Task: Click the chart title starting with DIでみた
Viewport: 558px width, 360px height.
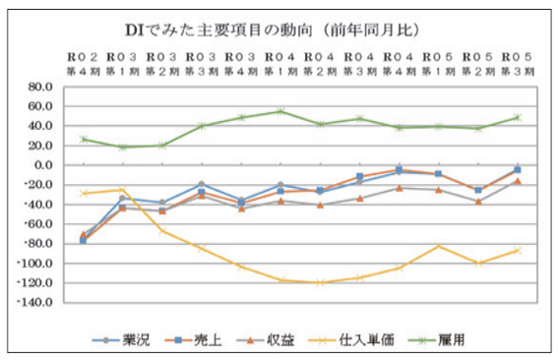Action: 273,30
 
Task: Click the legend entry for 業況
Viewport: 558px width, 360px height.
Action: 121,340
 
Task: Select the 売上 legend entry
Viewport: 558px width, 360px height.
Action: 193,340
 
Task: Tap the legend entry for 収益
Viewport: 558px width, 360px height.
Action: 266,340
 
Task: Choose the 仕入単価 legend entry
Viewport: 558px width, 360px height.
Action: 351,340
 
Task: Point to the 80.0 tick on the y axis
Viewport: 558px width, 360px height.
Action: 40,87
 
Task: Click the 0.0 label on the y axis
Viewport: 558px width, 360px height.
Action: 43,165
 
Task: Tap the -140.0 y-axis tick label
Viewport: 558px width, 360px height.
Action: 35,302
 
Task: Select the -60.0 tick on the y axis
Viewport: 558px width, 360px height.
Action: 38,224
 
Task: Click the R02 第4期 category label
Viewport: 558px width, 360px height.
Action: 84,64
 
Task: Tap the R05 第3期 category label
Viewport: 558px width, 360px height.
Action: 518,64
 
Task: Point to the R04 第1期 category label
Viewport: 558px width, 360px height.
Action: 280,64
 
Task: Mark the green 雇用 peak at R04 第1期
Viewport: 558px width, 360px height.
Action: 280,111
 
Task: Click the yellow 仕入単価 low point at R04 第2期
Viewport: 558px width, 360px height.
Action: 320,283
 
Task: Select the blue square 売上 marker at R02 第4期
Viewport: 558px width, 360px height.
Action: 84,240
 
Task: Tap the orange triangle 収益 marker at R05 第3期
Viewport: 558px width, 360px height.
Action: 518,181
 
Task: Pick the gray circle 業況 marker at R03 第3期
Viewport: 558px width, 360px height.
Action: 202,184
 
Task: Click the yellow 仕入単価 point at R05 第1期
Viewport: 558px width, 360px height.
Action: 439,246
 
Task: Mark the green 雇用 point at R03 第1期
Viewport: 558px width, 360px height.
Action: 123,147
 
